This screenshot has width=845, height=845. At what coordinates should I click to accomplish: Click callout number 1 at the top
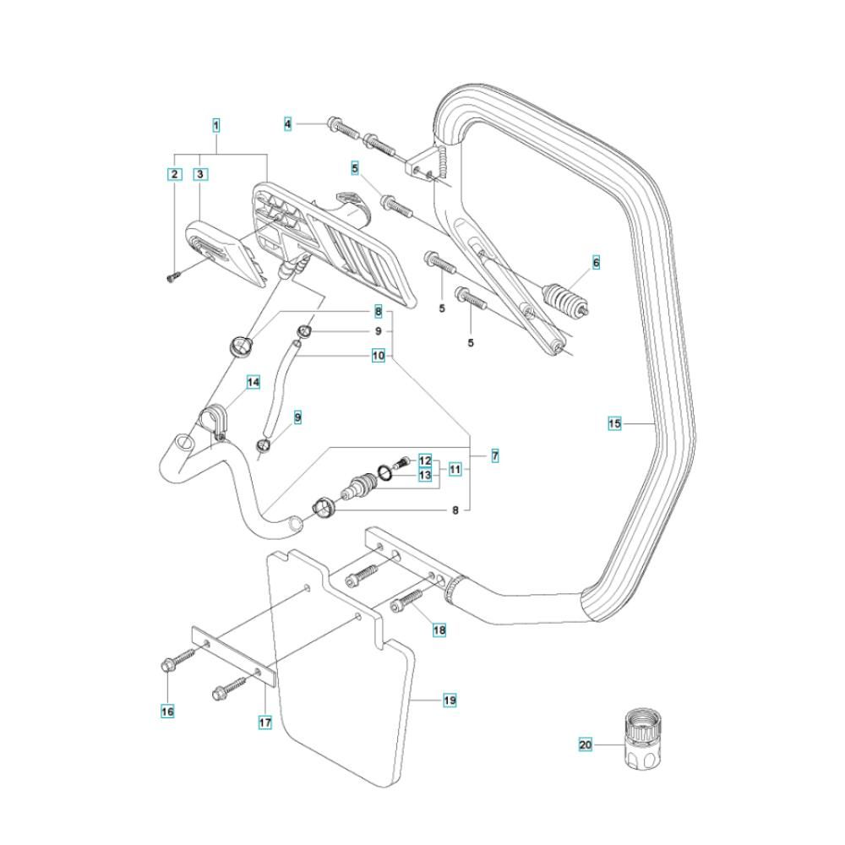(216, 125)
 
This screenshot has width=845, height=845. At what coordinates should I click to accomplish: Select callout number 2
(175, 175)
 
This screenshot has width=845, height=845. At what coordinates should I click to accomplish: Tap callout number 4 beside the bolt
(288, 125)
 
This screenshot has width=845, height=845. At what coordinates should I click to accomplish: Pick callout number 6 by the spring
(596, 264)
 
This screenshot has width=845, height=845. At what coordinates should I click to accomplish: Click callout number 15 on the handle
(614, 422)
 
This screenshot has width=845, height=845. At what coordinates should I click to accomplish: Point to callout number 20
(586, 744)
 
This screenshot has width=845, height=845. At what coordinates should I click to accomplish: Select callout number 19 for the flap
(450, 701)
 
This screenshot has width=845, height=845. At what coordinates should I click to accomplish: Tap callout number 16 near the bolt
(167, 712)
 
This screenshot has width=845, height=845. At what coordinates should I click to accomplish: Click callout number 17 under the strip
(264, 722)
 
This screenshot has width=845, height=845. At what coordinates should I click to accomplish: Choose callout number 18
(439, 630)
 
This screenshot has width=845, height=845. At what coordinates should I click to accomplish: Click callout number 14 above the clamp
(253, 383)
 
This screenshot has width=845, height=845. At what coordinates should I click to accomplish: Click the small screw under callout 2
(172, 278)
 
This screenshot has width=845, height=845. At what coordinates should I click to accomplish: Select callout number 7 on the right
(494, 456)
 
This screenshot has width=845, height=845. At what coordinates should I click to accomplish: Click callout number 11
(455, 468)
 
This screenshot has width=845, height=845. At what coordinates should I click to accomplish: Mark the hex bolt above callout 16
(168, 667)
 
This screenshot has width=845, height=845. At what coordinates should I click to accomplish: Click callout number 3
(201, 175)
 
